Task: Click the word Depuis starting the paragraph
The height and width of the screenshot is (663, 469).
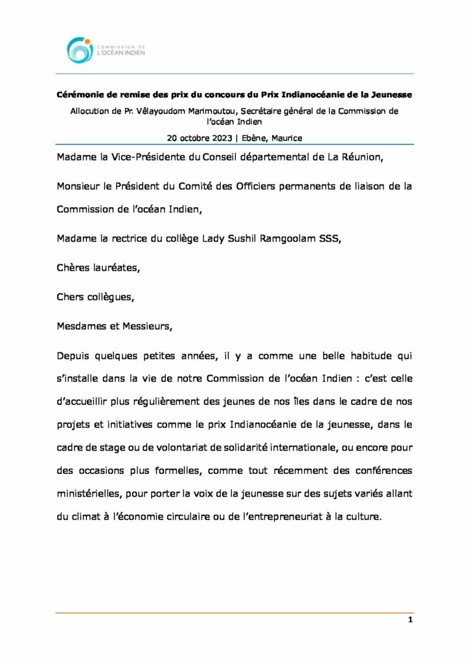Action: click(x=74, y=357)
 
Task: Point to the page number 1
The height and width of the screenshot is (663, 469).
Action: click(x=410, y=620)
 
